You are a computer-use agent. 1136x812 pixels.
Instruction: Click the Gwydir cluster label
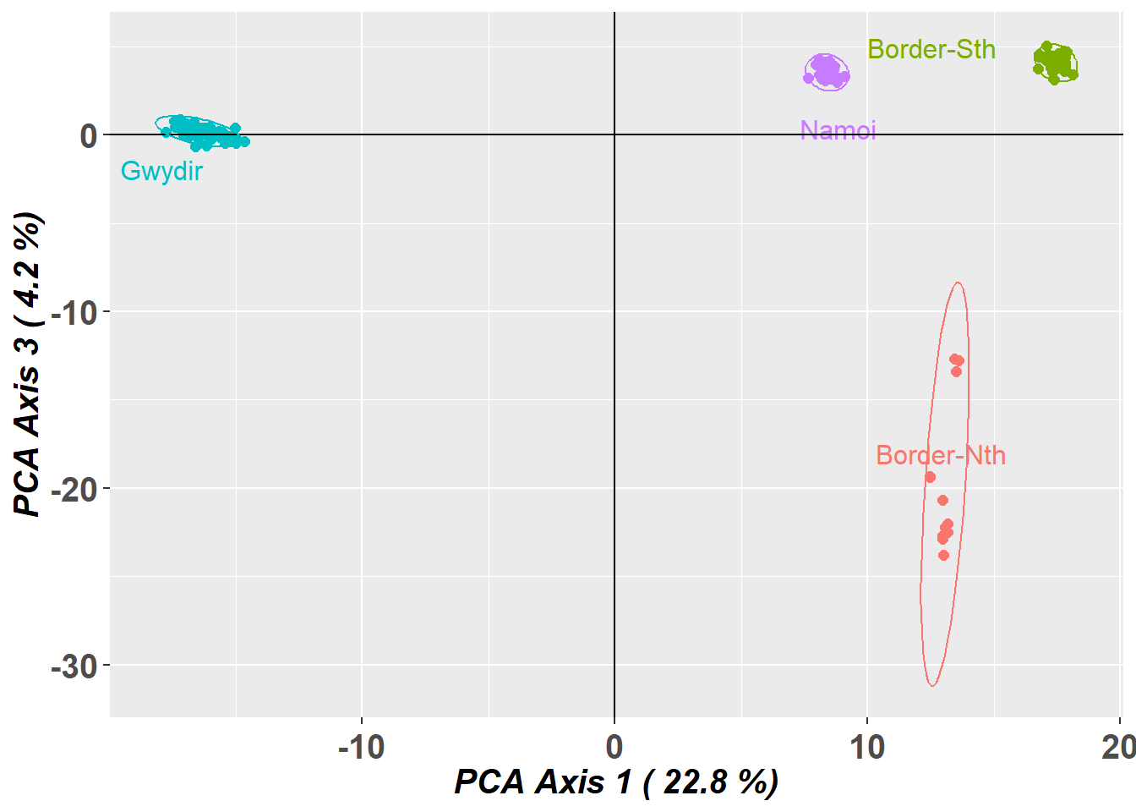[161, 171]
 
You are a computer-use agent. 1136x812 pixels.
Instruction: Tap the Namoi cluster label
[838, 130]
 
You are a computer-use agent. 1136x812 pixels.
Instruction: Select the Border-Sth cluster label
[931, 50]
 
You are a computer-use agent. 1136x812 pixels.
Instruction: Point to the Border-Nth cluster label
[941, 456]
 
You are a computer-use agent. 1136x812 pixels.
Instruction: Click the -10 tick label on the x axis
[361, 747]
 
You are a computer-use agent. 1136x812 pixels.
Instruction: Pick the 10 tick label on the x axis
[866, 747]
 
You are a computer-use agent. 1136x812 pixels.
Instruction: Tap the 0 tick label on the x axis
[614, 747]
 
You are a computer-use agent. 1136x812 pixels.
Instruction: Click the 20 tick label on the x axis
[1118, 747]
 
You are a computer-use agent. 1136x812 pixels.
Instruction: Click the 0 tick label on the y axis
[88, 135]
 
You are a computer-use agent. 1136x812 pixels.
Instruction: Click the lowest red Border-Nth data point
[943, 556]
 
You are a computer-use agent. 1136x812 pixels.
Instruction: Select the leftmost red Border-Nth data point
[930, 478]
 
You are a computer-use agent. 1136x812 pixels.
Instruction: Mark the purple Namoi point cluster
[827, 72]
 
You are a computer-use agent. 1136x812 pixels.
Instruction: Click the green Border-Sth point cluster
[1055, 63]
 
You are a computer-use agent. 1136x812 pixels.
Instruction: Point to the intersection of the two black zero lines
[614, 134]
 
